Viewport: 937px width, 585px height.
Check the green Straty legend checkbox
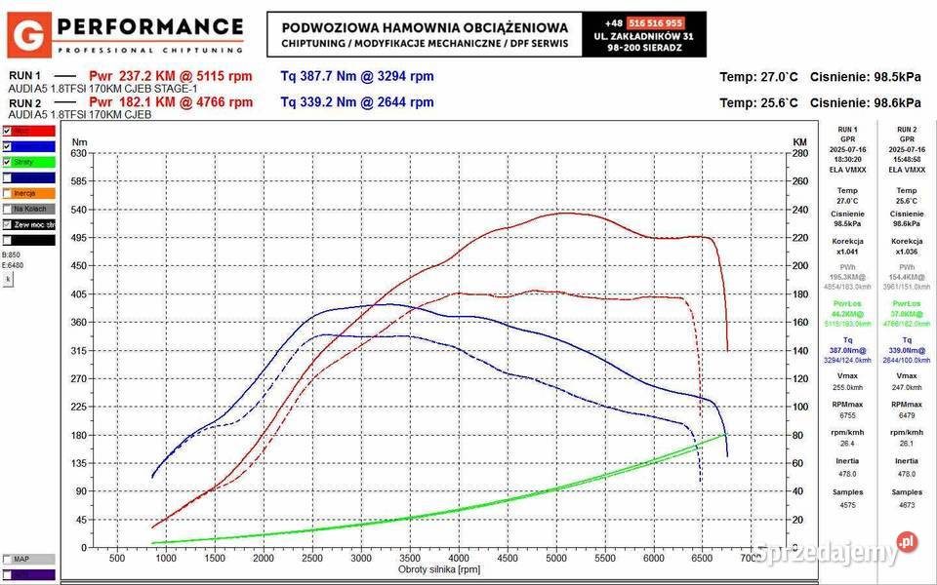pyautogui.click(x=8, y=162)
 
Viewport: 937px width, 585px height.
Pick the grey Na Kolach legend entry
pyautogui.click(x=28, y=209)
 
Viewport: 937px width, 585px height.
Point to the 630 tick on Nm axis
pyautogui.click(x=79, y=153)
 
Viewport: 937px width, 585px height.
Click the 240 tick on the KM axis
pyautogui.click(x=800, y=210)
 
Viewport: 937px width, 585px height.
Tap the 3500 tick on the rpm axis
pyautogui.click(x=410, y=559)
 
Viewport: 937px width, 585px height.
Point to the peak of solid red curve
pyautogui.click(x=563, y=213)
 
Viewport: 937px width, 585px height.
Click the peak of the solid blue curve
pyautogui.click(x=384, y=303)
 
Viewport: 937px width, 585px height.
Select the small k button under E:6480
pyautogui.click(x=8, y=279)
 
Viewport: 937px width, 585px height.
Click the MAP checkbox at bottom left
pyautogui.click(x=8, y=560)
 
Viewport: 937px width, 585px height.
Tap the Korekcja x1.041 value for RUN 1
pyautogui.click(x=848, y=252)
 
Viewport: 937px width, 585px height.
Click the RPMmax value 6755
pyautogui.click(x=848, y=412)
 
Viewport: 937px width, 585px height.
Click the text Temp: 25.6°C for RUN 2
pyautogui.click(x=759, y=102)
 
